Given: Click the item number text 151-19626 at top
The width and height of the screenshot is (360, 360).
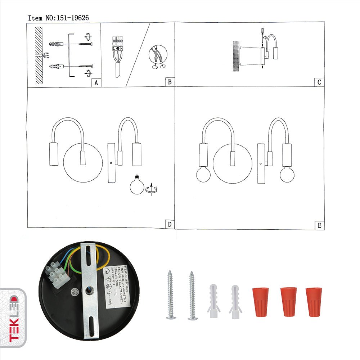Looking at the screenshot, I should pyautogui.click(x=58, y=17).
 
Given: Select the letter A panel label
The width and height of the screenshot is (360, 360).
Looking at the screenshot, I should pyautogui.click(x=95, y=82).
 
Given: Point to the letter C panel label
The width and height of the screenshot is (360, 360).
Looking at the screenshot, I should pyautogui.click(x=319, y=82).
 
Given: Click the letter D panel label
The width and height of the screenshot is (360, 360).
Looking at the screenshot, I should pyautogui.click(x=169, y=224).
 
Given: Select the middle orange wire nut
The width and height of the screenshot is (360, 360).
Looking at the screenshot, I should pyautogui.click(x=289, y=302).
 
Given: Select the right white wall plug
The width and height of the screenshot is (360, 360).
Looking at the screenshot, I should pyautogui.click(x=236, y=301).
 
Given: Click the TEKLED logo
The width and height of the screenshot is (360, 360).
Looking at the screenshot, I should pyautogui.click(x=13, y=317).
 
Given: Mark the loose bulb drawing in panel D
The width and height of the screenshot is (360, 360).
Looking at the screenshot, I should pyautogui.click(x=137, y=185).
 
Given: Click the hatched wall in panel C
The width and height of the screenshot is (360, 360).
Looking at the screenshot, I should pyautogui.click(x=236, y=53).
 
